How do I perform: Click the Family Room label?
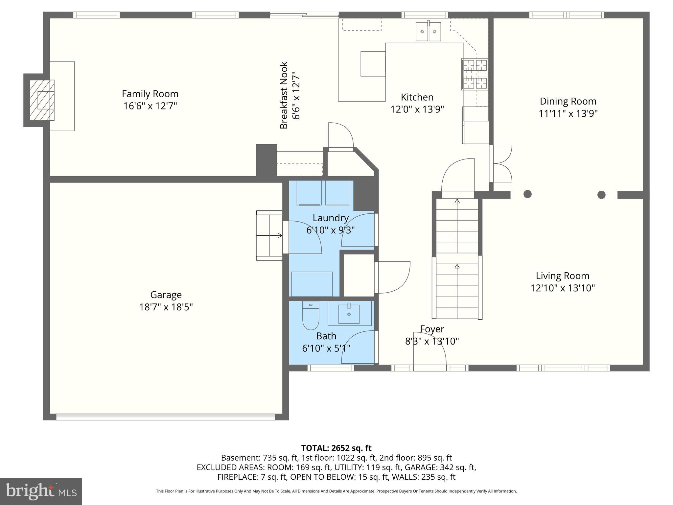[150, 94]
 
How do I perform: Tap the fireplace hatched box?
[42, 100]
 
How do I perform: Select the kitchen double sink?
[428, 32]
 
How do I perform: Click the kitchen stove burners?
[475, 74]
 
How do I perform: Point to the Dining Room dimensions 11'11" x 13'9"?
[568, 113]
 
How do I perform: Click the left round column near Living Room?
[527, 194]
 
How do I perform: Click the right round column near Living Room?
[601, 195]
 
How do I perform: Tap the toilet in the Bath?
[311, 316]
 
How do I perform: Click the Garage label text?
[166, 295]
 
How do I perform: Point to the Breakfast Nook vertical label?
[284, 95]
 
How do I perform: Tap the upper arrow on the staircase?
[457, 201]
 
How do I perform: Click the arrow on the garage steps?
[280, 235]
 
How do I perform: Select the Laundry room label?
[330, 218]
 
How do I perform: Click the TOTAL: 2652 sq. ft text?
[336, 448]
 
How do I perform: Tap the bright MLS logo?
[41, 491]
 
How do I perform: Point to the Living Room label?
[562, 276]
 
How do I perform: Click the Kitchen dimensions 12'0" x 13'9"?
[417, 109]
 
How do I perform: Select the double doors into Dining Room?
[501, 163]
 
